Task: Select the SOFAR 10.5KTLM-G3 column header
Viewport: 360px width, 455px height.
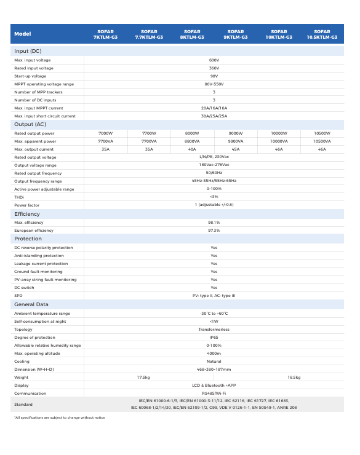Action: (x=322, y=34)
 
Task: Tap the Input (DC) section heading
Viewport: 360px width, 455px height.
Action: (x=28, y=51)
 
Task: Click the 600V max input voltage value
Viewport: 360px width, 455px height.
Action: (x=214, y=60)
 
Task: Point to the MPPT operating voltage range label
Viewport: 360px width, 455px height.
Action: (x=44, y=84)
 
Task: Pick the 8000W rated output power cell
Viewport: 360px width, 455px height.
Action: (x=192, y=133)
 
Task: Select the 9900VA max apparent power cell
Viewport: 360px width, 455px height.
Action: (x=235, y=141)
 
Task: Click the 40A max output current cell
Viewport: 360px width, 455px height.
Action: (x=192, y=149)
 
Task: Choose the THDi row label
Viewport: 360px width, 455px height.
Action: (x=19, y=197)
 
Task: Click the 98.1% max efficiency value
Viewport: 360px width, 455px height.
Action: (x=214, y=222)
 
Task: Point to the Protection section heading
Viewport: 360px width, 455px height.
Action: (x=28, y=239)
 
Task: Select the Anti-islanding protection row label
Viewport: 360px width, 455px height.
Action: (x=39, y=255)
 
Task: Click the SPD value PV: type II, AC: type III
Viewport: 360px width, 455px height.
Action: (x=214, y=296)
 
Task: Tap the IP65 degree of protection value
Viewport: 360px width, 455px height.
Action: (x=214, y=337)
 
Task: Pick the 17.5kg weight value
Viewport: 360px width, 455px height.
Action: (x=143, y=377)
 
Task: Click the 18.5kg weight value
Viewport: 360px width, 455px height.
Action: (x=294, y=377)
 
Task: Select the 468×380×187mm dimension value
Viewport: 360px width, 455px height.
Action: (x=214, y=369)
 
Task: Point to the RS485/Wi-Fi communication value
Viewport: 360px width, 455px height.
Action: (x=214, y=393)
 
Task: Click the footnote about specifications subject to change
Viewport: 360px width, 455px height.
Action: (x=60, y=417)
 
